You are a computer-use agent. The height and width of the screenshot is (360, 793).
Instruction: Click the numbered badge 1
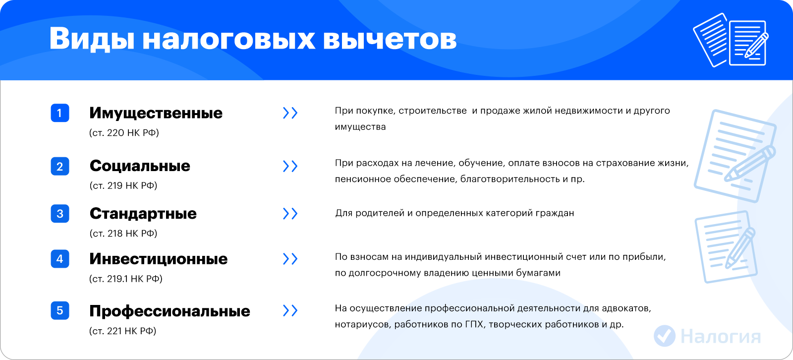(x=60, y=113)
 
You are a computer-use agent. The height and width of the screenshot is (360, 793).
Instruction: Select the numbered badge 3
(x=60, y=214)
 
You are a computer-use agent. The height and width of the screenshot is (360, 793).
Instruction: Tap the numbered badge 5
(x=60, y=311)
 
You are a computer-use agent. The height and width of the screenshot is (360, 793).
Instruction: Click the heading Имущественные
(x=156, y=114)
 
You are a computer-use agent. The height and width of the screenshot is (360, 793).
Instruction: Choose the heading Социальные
(x=140, y=166)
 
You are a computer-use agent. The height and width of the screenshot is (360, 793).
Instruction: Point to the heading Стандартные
(x=143, y=214)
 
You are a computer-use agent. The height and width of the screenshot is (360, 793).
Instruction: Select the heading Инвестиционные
(x=158, y=259)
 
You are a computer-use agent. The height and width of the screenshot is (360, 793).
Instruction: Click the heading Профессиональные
(x=170, y=311)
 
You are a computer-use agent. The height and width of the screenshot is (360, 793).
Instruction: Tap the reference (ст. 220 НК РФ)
(x=124, y=133)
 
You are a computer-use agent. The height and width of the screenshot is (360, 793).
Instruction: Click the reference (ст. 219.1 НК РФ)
(x=126, y=279)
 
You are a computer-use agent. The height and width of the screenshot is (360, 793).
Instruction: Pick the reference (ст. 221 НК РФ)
(x=122, y=331)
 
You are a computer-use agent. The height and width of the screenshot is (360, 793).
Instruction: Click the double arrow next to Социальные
(x=290, y=166)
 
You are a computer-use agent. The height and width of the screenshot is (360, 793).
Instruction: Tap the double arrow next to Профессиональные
(x=290, y=311)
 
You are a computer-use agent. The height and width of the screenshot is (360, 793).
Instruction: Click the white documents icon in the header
(x=731, y=40)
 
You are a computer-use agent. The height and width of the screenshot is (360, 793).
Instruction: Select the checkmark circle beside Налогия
(x=665, y=336)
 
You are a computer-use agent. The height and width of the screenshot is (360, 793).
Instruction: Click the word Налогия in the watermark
(x=721, y=336)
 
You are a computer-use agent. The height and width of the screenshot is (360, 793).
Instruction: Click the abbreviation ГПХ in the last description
(x=474, y=324)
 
